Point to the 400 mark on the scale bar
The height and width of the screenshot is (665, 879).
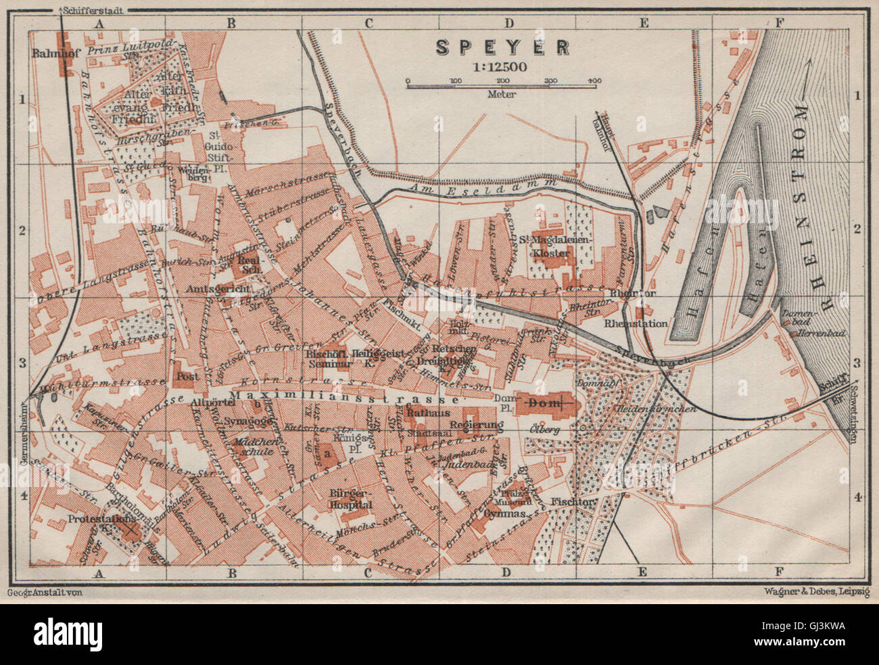[594, 81]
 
